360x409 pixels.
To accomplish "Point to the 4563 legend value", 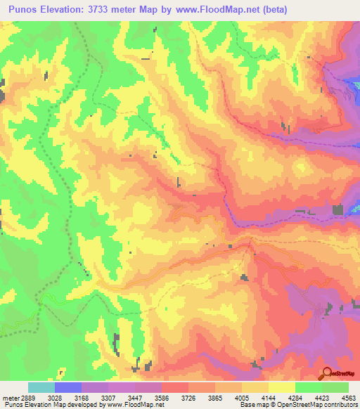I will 349,398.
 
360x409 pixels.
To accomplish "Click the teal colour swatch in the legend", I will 41,387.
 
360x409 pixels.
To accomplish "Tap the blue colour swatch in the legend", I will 67,387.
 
